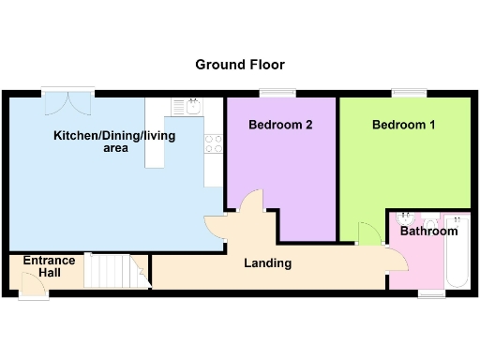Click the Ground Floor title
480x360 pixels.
(x=240, y=65)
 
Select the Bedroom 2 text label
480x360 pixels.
(x=280, y=125)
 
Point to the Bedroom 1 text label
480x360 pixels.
(x=403, y=125)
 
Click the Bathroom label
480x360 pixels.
(x=428, y=231)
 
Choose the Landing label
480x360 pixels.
(x=267, y=263)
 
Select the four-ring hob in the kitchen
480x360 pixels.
(x=214, y=144)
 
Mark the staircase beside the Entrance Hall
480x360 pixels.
(x=108, y=271)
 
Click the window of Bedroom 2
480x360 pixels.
(x=277, y=92)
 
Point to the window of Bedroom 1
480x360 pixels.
(x=409, y=92)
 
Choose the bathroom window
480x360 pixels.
(x=431, y=292)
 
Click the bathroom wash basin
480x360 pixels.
(x=415, y=217)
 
